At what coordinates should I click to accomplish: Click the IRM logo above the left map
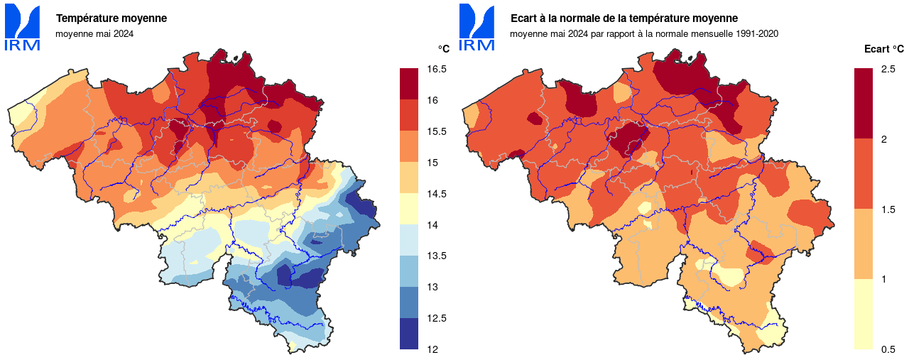pos(22,27)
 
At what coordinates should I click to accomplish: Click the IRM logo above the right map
pos(477,27)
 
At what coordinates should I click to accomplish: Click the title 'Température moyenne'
pos(111,18)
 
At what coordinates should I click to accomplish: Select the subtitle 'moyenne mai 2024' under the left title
pos(94,33)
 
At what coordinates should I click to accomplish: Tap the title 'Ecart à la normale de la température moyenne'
pos(624,18)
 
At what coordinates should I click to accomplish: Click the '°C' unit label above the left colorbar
pos(443,49)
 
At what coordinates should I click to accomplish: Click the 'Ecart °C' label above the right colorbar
pos(883,49)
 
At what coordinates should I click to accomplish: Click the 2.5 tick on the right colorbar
pos(888,70)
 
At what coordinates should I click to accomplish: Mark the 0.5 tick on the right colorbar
pos(888,349)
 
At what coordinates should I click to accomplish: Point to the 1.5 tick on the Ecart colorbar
pos(888,209)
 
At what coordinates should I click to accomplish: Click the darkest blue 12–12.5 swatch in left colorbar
pos(409,334)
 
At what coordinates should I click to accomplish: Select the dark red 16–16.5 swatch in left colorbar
pos(409,84)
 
